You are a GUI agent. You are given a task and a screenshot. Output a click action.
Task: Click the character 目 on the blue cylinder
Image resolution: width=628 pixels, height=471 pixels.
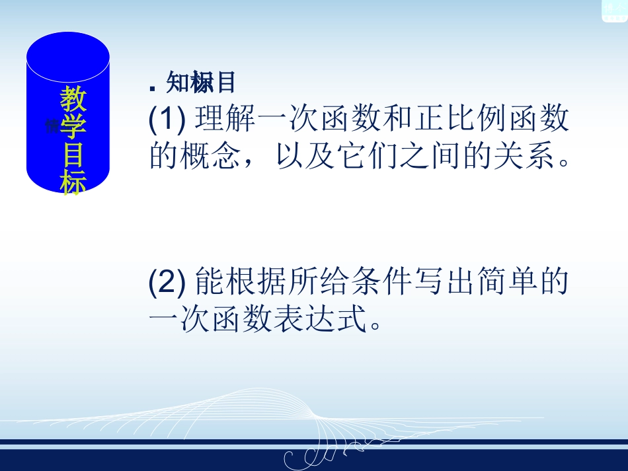(x=73, y=154)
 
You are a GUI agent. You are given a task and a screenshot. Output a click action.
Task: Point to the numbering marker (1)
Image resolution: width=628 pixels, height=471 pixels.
(x=165, y=120)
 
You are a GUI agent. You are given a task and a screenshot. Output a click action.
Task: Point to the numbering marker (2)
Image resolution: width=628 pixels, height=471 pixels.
(x=165, y=283)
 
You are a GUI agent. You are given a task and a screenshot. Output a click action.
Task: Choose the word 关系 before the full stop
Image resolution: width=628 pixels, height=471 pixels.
(x=527, y=156)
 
